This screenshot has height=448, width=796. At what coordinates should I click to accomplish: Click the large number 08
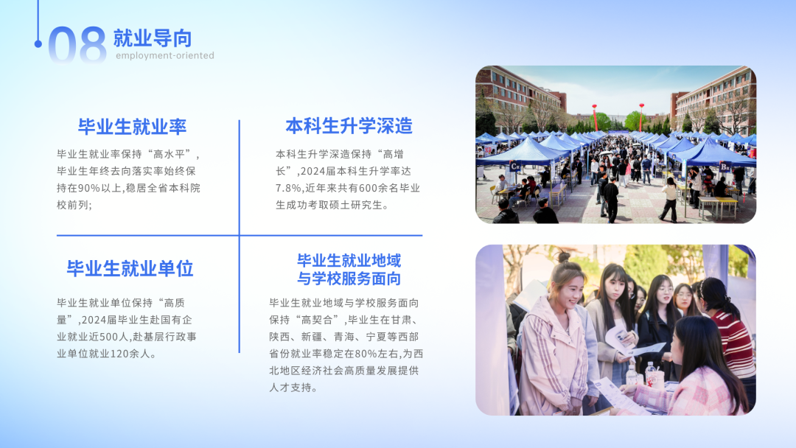point(77,45)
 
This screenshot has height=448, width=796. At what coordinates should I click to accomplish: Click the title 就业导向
point(153,38)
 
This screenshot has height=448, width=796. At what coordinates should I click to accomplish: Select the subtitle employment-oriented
point(165,55)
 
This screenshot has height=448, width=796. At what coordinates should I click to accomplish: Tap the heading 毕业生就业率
point(132,127)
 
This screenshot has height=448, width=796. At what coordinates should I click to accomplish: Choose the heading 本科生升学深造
point(349,126)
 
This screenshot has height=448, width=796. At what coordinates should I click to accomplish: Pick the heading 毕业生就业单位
point(130,268)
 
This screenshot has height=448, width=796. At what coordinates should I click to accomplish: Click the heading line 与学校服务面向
point(349,279)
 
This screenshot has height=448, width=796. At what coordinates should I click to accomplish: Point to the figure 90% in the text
point(89,188)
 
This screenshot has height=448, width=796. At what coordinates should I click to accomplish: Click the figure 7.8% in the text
point(288,188)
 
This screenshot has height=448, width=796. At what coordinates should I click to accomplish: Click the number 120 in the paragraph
point(119,354)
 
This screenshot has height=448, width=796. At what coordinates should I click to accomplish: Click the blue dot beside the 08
point(38,44)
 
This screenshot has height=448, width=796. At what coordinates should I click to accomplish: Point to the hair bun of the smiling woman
point(562,257)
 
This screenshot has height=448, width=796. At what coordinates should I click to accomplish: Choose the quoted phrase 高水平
point(172,154)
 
